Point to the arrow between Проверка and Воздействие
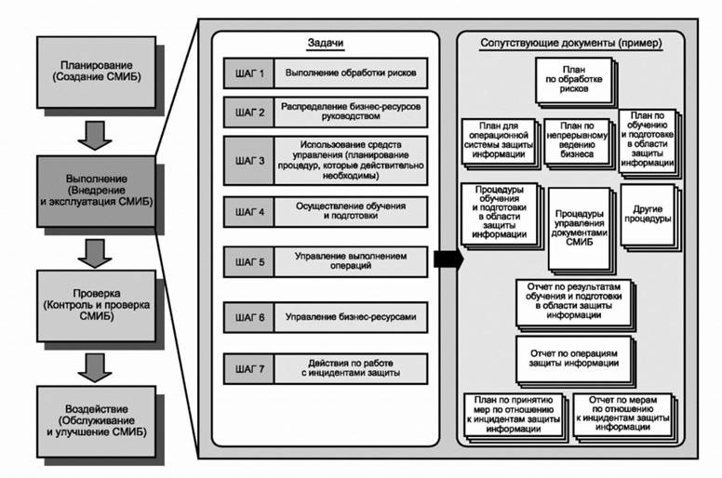click(x=96, y=364)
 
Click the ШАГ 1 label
click(x=250, y=73)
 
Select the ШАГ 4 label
click(x=250, y=211)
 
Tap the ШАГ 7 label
click(x=250, y=368)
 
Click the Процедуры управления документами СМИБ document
click(x=581, y=227)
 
